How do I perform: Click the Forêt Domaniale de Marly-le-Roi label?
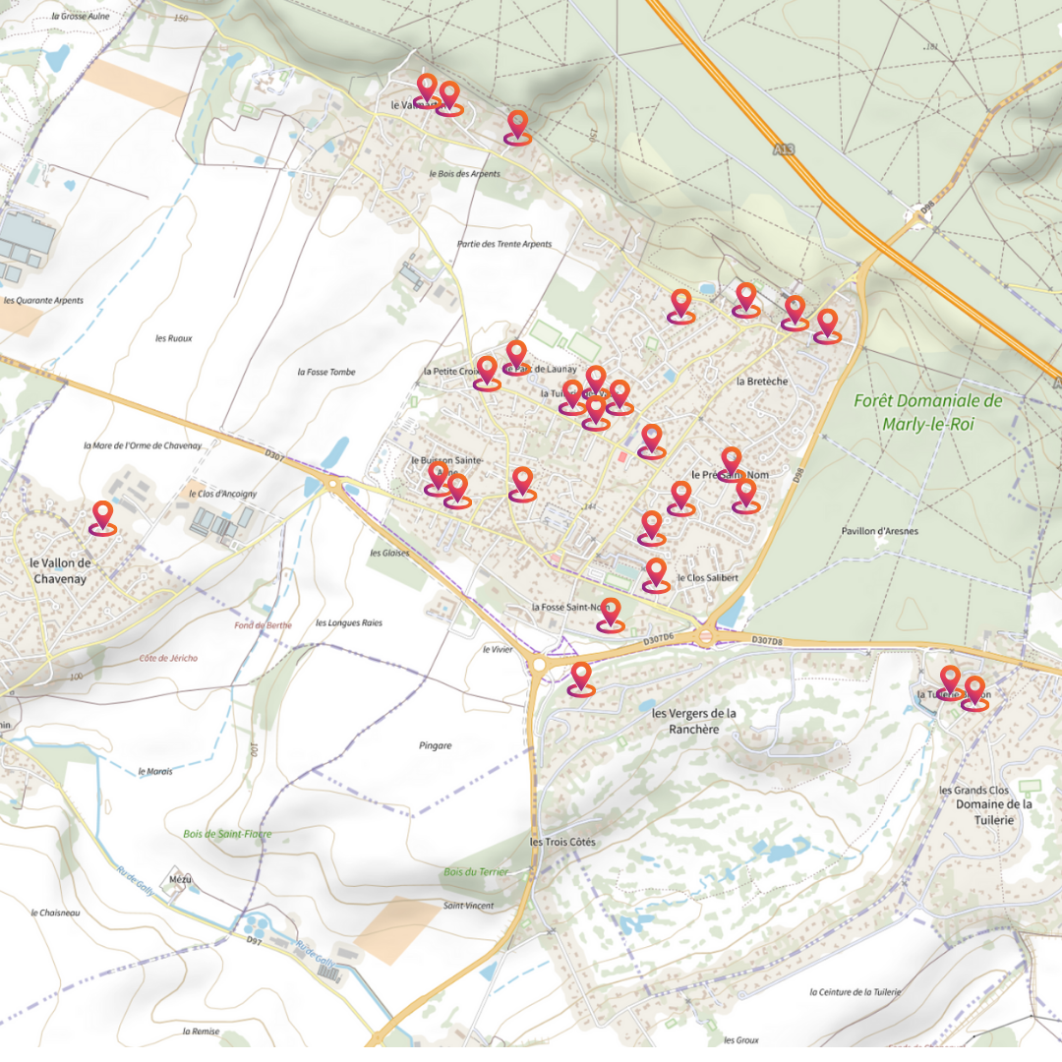click(927, 413)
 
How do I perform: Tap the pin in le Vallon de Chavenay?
click(102, 517)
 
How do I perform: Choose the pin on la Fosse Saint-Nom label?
click(611, 614)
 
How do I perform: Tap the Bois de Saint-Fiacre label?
click(227, 834)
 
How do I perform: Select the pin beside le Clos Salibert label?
click(656, 574)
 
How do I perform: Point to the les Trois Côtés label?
click(562, 843)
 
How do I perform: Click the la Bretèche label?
click(762, 381)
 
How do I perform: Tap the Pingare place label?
click(435, 745)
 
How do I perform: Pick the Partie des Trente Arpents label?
click(504, 244)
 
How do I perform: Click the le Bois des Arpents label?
click(464, 174)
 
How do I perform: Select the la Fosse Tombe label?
click(325, 372)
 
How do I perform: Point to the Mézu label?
click(181, 879)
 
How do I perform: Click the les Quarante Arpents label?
click(43, 301)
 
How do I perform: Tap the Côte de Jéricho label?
click(168, 658)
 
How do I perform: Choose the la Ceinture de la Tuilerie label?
click(855, 992)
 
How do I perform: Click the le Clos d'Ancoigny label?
click(221, 494)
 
